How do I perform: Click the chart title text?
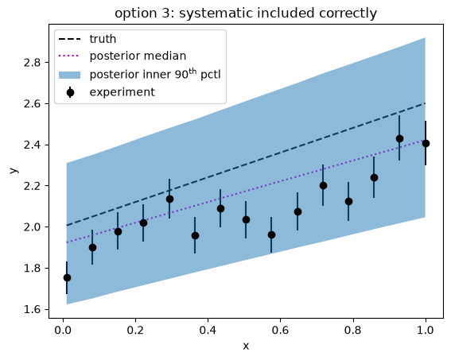[x=246, y=14]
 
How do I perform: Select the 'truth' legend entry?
[x=87, y=39]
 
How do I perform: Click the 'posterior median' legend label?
[x=138, y=56]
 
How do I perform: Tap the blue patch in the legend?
[x=70, y=75]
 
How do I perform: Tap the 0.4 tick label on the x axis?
[x=208, y=330]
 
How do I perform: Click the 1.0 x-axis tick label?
[x=425, y=330]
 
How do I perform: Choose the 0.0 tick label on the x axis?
[x=63, y=330]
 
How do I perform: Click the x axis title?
[x=246, y=346]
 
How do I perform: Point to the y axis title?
[x=14, y=170]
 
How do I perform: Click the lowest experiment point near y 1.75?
[x=67, y=278]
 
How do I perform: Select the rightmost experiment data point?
[x=426, y=143]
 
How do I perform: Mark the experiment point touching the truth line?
[x=169, y=199]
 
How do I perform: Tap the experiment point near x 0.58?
[x=271, y=235]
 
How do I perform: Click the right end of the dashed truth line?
[x=425, y=103]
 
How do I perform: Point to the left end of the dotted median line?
[x=67, y=242]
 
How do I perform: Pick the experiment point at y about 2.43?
[x=399, y=139]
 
